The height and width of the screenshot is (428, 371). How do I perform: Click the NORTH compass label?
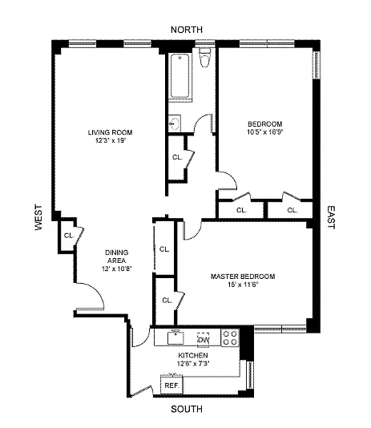(187, 30)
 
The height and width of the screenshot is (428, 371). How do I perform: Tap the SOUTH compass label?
(187, 410)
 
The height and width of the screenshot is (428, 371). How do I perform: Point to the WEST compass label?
(38, 217)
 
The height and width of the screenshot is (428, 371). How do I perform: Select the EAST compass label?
(331, 217)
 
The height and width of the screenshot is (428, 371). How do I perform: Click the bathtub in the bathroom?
(180, 76)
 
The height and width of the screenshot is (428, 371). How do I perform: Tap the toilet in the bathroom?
(204, 58)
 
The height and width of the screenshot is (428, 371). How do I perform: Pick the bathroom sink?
(174, 123)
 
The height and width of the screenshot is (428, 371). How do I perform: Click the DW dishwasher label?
(204, 340)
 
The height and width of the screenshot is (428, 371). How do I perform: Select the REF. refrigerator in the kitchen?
(171, 385)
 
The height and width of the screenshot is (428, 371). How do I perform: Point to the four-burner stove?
(230, 337)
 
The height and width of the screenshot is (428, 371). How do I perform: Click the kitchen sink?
(175, 337)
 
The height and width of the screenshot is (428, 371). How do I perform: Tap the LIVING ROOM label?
(111, 132)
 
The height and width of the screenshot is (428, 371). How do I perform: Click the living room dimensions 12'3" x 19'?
(111, 140)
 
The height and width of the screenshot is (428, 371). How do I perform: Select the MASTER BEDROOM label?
(243, 277)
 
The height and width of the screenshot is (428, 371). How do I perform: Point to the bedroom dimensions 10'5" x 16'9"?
(265, 132)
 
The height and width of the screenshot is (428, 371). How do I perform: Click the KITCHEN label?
(193, 355)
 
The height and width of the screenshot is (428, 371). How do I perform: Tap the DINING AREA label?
(117, 256)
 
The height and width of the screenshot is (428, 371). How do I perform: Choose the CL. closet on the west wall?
(69, 236)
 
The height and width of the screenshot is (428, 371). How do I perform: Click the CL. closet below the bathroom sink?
(177, 158)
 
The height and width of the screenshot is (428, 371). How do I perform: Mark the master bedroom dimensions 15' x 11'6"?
(243, 285)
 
